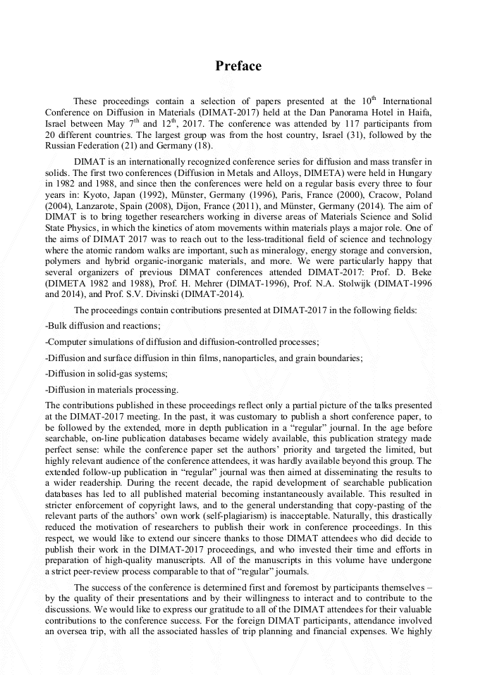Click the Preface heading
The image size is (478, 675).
point(238,66)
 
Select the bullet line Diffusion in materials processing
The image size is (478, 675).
point(111,389)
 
